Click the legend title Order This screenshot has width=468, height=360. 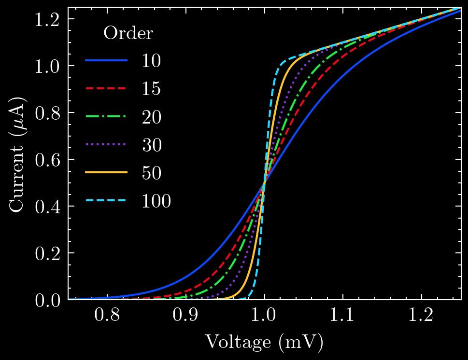tap(128, 33)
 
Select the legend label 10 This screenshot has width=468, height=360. tap(151, 61)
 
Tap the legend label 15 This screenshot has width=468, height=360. tap(151, 89)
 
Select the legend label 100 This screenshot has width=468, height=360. tap(156, 201)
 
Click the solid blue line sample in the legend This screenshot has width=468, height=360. tap(106, 61)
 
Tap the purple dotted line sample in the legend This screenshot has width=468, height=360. tap(106, 145)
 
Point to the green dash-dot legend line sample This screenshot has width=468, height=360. tap(106, 117)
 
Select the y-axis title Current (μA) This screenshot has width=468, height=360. tap(18, 154)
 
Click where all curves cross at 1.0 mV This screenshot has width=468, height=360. tap(264, 182)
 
